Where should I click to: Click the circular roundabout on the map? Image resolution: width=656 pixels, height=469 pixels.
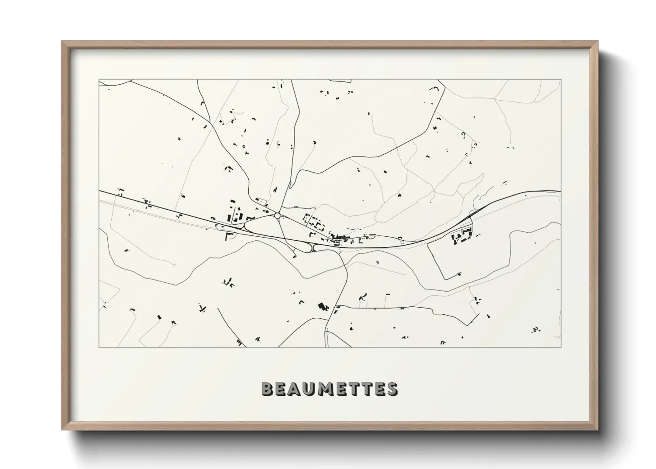pyautogui.click(x=277, y=215)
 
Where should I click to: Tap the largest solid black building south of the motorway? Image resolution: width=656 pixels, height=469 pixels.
pyautogui.click(x=321, y=306)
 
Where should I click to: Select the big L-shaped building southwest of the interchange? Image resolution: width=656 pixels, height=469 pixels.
pyautogui.click(x=230, y=236)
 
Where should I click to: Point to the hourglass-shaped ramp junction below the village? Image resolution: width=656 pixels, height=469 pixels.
pyautogui.click(x=314, y=247)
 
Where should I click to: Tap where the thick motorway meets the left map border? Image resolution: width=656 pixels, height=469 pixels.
pyautogui.click(x=99, y=191)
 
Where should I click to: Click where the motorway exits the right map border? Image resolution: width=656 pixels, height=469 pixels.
pyautogui.click(x=560, y=192)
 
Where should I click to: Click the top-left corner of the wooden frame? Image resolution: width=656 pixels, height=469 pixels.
pyautogui.click(x=62, y=42)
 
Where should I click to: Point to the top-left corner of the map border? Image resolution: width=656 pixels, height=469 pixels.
pyautogui.click(x=99, y=80)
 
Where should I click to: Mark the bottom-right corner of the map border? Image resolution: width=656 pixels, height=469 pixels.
pyautogui.click(x=560, y=347)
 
